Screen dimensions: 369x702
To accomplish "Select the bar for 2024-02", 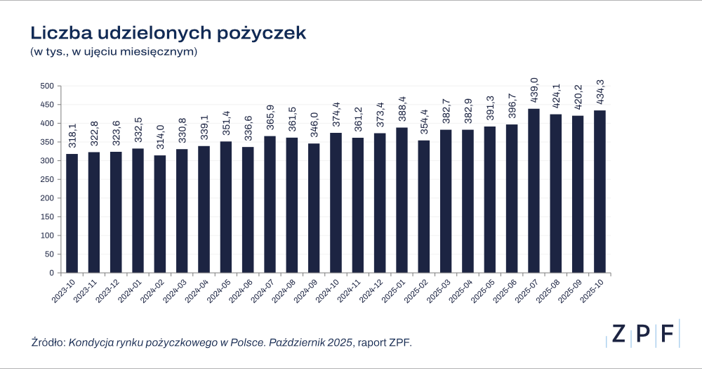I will [x=160, y=214].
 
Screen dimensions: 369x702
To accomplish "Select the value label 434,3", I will [x=600, y=93].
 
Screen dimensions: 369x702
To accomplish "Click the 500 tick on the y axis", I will [x=47, y=86].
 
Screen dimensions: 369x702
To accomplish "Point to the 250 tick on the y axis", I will [x=47, y=179].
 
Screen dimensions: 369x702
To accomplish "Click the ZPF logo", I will [x=642, y=334].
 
